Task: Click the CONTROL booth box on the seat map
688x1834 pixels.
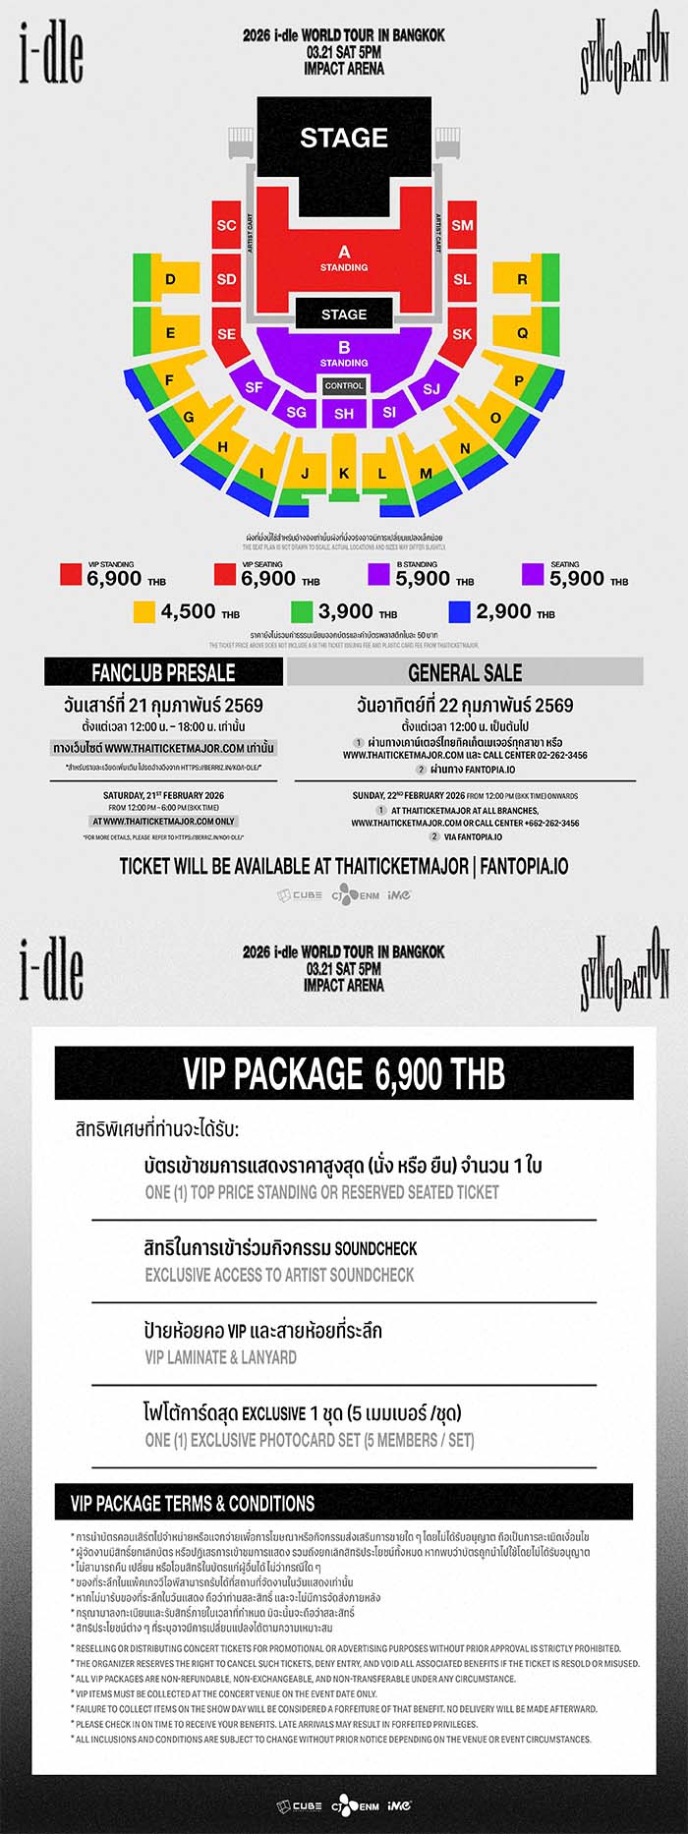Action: pyautogui.click(x=344, y=386)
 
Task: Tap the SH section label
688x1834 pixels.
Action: pyautogui.click(x=344, y=414)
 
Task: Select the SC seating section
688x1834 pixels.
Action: pyautogui.click(x=226, y=225)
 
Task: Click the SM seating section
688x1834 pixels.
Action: pyautogui.click(x=462, y=225)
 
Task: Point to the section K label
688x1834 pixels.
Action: pyautogui.click(x=344, y=473)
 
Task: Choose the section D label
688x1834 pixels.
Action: pyautogui.click(x=170, y=279)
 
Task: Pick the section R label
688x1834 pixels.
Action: pyautogui.click(x=522, y=279)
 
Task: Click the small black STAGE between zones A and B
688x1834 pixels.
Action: pyautogui.click(x=344, y=315)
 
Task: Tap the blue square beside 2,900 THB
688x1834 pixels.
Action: pyautogui.click(x=459, y=611)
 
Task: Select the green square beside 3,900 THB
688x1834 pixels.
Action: pyautogui.click(x=302, y=611)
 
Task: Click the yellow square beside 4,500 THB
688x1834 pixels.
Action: pyautogui.click(x=144, y=611)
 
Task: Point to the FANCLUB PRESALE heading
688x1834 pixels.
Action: pyautogui.click(x=163, y=672)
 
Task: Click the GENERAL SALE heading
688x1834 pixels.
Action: pyautogui.click(x=465, y=672)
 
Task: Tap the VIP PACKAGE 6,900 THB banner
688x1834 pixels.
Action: pyautogui.click(x=344, y=1073)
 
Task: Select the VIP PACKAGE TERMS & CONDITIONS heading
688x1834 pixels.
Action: pyautogui.click(x=193, y=1503)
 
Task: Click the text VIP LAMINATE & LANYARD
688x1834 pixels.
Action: pyautogui.click(x=220, y=1357)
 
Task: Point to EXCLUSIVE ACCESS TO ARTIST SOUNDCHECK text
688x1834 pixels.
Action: pyautogui.click(x=279, y=1275)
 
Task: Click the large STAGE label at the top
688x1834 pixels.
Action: pyautogui.click(x=344, y=138)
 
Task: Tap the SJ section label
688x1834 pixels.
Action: pyautogui.click(x=431, y=389)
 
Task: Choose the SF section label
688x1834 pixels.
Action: pyautogui.click(x=254, y=387)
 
